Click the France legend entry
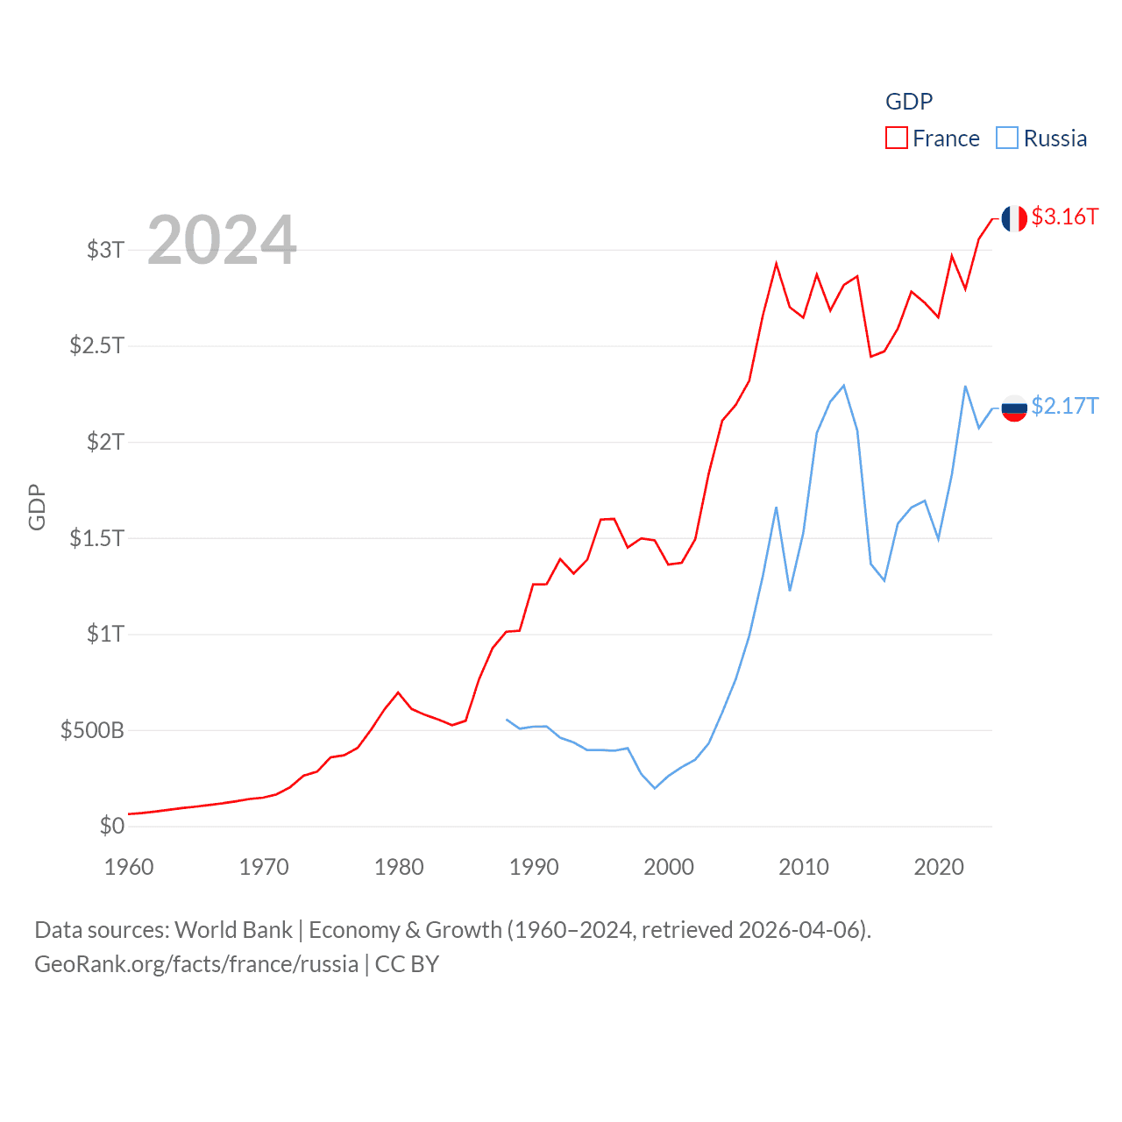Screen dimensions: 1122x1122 [933, 138]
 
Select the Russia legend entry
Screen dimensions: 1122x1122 [1042, 138]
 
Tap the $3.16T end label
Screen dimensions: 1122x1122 [1064, 217]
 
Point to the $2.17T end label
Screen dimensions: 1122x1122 [1064, 406]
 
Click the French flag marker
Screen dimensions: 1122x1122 [1014, 218]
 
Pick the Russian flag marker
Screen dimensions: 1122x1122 [1014, 408]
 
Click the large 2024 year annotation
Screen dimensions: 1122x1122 [222, 240]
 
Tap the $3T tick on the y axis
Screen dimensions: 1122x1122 [105, 250]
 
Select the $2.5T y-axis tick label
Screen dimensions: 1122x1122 [97, 345]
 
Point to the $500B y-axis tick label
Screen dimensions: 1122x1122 [92, 730]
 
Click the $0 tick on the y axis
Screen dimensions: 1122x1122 [111, 826]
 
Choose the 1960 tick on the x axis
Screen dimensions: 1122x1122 [129, 867]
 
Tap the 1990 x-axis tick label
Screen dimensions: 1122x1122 [534, 867]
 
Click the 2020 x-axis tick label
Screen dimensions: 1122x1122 [939, 867]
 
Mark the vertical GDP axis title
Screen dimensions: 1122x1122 [37, 507]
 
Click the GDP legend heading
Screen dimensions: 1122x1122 [909, 102]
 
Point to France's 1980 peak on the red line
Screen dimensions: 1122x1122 [399, 692]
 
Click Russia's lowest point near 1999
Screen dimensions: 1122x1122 [655, 788]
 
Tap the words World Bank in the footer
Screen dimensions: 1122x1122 [233, 930]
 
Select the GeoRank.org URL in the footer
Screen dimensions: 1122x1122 [196, 964]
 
